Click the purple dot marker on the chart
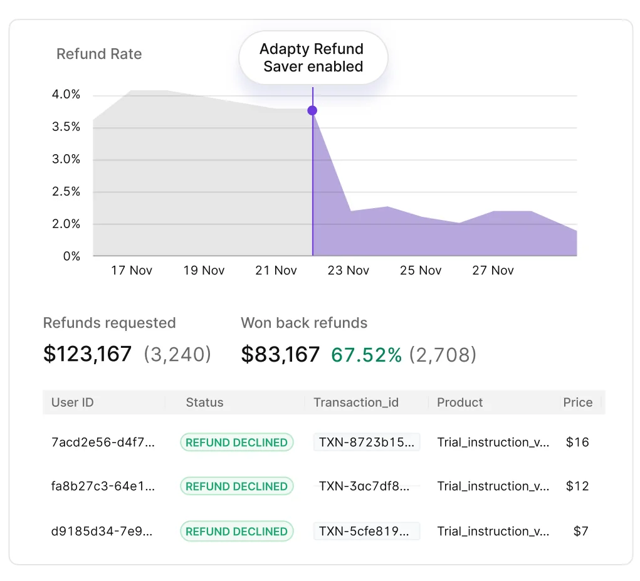[x=312, y=111]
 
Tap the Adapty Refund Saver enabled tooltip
[x=313, y=58]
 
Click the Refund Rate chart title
[x=99, y=54]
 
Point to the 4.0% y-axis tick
[x=66, y=95]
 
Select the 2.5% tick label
[x=66, y=192]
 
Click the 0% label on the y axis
[x=71, y=256]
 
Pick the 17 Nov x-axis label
[x=132, y=270]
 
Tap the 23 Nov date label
[x=349, y=270]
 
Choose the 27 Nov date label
[x=493, y=270]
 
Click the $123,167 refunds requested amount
[x=88, y=354]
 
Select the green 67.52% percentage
[x=367, y=355]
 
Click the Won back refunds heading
[x=304, y=323]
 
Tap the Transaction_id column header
[x=356, y=402]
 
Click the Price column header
[x=577, y=402]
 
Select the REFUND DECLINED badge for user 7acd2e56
[x=236, y=442]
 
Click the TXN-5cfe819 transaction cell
[x=366, y=531]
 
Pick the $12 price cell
[x=577, y=486]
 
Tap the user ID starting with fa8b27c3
[x=103, y=486]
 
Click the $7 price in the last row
[x=580, y=531]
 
